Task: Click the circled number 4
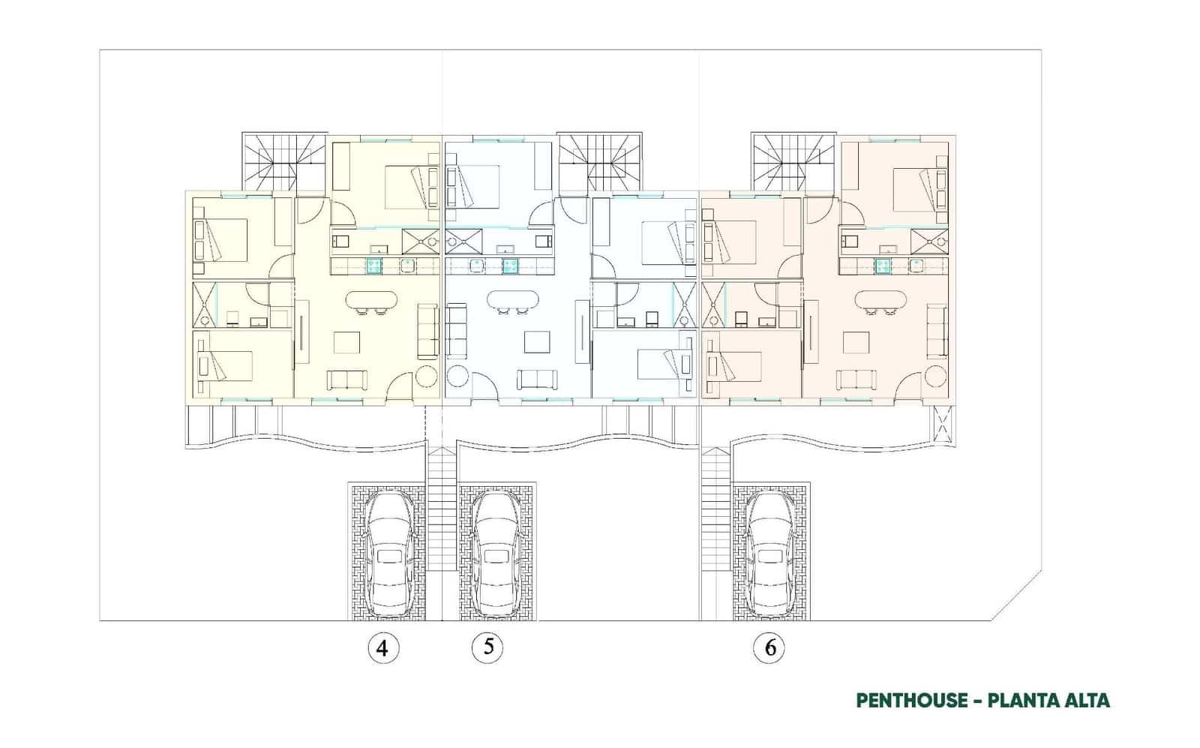383,647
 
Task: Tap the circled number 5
487,647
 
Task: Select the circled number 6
770,647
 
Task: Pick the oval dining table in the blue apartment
513,300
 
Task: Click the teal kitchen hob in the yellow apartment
374,264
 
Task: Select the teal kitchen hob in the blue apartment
511,264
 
